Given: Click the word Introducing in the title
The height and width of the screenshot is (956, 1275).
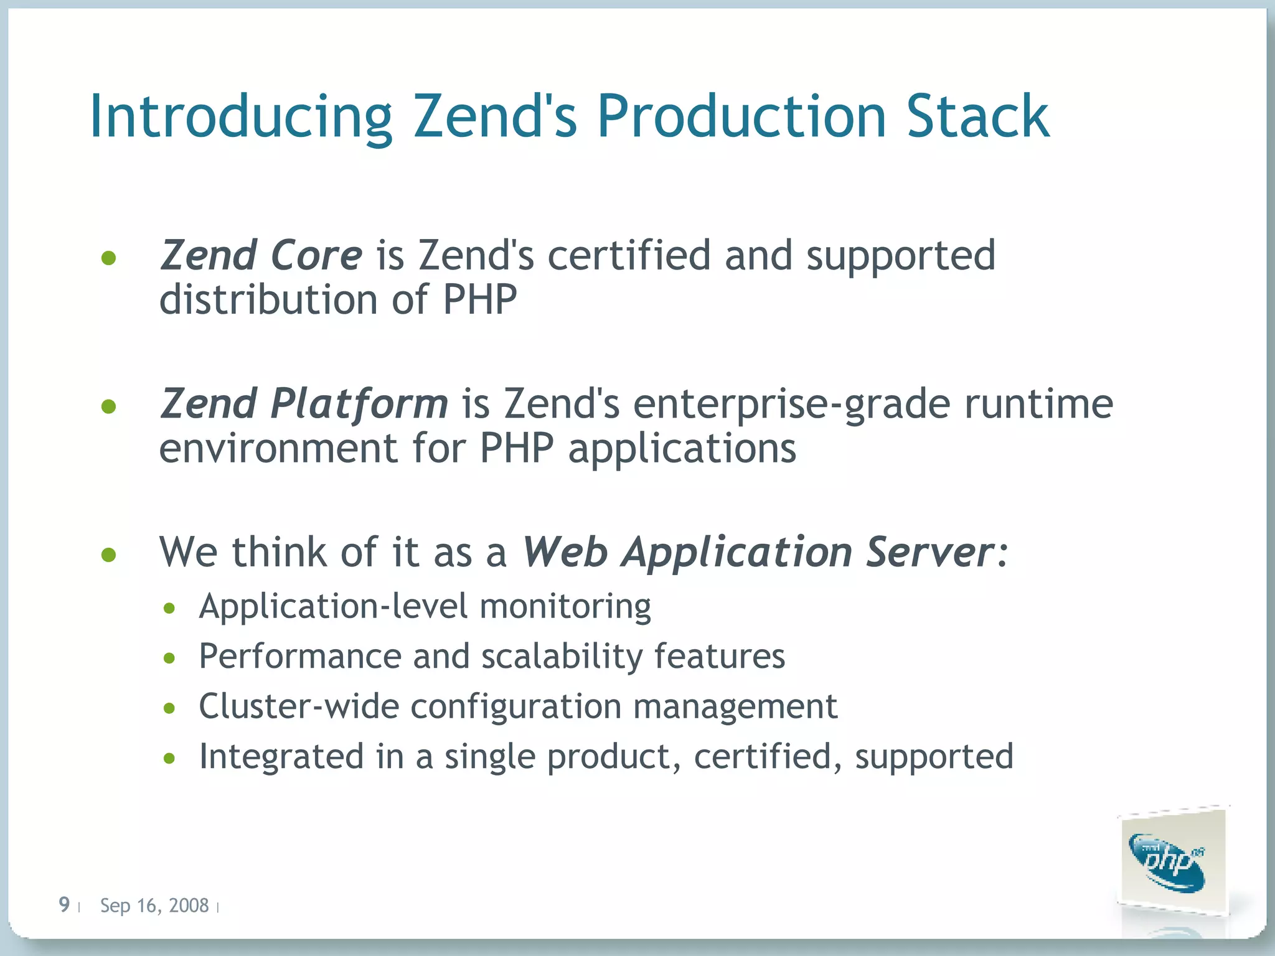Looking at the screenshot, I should click(240, 117).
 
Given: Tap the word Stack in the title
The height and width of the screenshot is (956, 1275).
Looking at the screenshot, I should click(977, 117).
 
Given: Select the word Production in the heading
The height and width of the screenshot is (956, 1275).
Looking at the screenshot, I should click(741, 117).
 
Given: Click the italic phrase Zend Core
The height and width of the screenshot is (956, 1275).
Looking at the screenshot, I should click(261, 255).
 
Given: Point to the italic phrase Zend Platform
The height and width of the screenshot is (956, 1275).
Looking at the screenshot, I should click(304, 403).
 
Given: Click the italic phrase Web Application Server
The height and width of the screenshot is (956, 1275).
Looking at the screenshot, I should click(757, 552).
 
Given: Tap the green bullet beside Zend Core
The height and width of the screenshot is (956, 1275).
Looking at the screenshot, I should click(109, 258).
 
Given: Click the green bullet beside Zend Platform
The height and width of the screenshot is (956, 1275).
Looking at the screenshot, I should click(109, 406).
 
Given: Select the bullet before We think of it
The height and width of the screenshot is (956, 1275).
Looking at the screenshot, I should click(109, 554).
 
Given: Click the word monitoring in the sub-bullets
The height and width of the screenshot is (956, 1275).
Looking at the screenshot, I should click(565, 606).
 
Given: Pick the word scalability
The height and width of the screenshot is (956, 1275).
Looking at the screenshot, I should click(562, 657).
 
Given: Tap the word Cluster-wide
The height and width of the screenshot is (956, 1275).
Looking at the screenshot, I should click(299, 706).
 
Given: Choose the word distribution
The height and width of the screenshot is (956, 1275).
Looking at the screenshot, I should click(268, 300).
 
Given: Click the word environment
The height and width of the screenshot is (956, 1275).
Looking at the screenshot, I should click(278, 448).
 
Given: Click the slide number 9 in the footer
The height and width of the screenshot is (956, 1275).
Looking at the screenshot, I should click(64, 904).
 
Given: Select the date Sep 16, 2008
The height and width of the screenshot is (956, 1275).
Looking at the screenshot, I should click(154, 906).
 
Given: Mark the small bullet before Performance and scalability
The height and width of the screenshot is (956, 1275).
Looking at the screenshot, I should click(169, 658).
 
